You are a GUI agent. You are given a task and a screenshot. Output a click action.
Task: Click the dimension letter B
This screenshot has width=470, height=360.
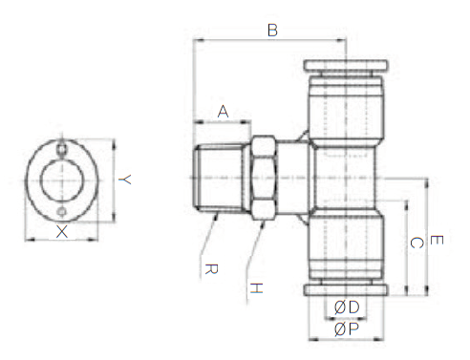(x=272, y=31)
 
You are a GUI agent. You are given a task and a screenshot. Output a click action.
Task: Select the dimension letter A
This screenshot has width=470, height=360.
(x=223, y=112)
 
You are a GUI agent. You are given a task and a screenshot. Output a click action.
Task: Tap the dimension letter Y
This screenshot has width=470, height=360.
(x=125, y=180)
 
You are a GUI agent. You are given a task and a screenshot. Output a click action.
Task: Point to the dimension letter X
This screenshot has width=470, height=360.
(x=62, y=231)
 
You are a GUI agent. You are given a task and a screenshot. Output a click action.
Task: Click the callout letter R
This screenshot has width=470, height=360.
(x=211, y=269)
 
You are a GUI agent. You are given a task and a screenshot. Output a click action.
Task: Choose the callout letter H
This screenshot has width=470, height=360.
(x=256, y=288)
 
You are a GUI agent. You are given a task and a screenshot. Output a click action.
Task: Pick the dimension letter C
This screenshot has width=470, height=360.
(x=417, y=243)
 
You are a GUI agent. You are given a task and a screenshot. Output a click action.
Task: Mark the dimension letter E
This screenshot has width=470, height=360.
(x=437, y=240)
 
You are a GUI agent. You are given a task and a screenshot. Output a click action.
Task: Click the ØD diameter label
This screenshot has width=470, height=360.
(x=347, y=307)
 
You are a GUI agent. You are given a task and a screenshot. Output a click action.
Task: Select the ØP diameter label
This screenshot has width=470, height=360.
(x=347, y=328)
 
